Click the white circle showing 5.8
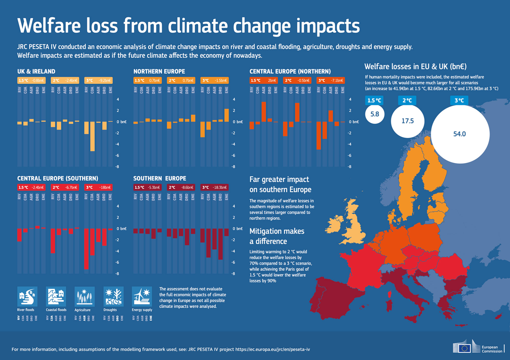tap(375, 114)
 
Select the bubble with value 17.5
tap(408, 121)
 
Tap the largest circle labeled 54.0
tap(460, 134)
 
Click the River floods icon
tap(27, 296)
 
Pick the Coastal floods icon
tap(56, 296)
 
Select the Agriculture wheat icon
tap(84, 296)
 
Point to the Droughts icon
tap(113, 296)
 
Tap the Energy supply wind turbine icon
tap(142, 296)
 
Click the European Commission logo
tap(478, 348)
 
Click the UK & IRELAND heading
tap(36, 71)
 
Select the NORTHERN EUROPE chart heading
tap(159, 71)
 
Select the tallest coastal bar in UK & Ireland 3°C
tap(92, 136)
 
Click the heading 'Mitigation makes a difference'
tap(277, 236)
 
